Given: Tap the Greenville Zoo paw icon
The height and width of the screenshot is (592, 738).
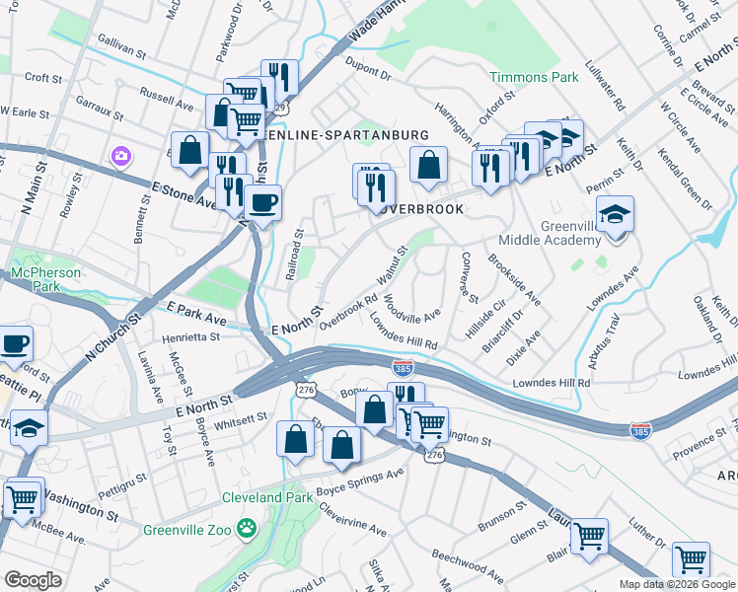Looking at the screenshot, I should click(x=247, y=529).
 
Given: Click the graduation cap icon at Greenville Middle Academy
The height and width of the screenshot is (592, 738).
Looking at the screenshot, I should click(x=615, y=216).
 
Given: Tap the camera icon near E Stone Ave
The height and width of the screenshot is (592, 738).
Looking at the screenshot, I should click(x=120, y=156).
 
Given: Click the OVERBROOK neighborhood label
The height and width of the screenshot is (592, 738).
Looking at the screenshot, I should click(x=418, y=209).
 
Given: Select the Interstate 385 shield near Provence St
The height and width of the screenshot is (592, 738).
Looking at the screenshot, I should click(x=640, y=430).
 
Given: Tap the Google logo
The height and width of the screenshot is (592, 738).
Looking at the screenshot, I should click(x=34, y=580).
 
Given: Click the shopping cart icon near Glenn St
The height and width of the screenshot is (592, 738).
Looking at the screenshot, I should click(x=589, y=536).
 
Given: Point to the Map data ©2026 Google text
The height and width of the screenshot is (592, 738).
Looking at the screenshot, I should click(x=677, y=584).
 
